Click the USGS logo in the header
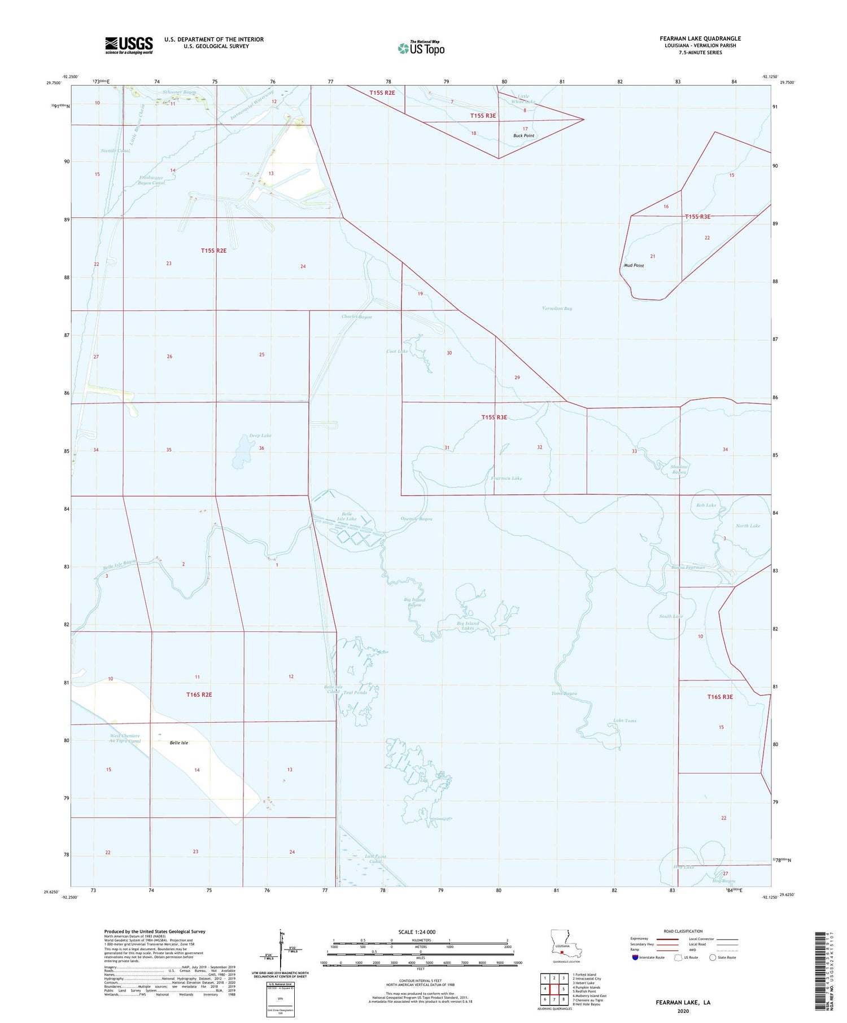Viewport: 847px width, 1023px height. (129, 45)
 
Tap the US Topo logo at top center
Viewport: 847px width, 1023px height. (421, 48)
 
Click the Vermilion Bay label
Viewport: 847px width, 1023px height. (557, 309)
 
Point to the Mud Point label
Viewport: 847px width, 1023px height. (634, 265)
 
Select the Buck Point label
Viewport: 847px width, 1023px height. (523, 136)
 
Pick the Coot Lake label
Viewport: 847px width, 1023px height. (397, 352)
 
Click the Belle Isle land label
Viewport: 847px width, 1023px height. (179, 743)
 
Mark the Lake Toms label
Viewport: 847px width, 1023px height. (625, 721)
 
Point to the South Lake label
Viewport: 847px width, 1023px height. (671, 616)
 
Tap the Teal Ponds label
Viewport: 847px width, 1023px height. (355, 692)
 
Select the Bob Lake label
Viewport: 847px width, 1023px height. (706, 505)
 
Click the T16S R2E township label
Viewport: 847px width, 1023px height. (199, 695)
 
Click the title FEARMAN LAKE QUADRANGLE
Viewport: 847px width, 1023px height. (700, 39)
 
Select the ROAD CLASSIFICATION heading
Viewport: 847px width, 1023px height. (683, 931)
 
